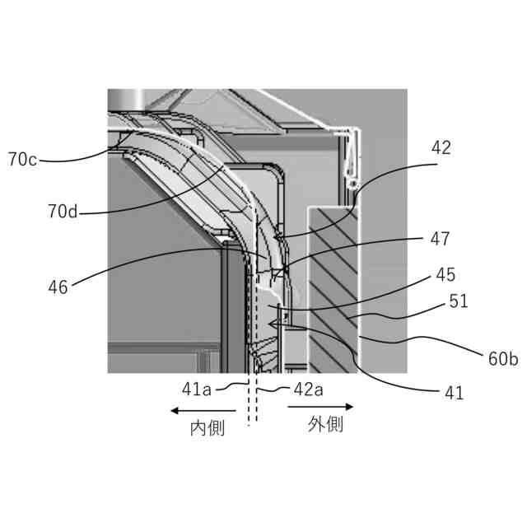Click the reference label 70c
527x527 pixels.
tap(22, 159)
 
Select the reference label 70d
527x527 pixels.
tap(63, 212)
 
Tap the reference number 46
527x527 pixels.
tap(58, 287)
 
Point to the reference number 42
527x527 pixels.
tap(441, 148)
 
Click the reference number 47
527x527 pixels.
tap(440, 239)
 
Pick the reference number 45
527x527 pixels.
tap(445, 274)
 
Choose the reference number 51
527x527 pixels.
tap(459, 301)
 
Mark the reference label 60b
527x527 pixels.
tap(503, 359)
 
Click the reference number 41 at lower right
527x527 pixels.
tap(454, 393)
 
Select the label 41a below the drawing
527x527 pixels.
tap(197, 389)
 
